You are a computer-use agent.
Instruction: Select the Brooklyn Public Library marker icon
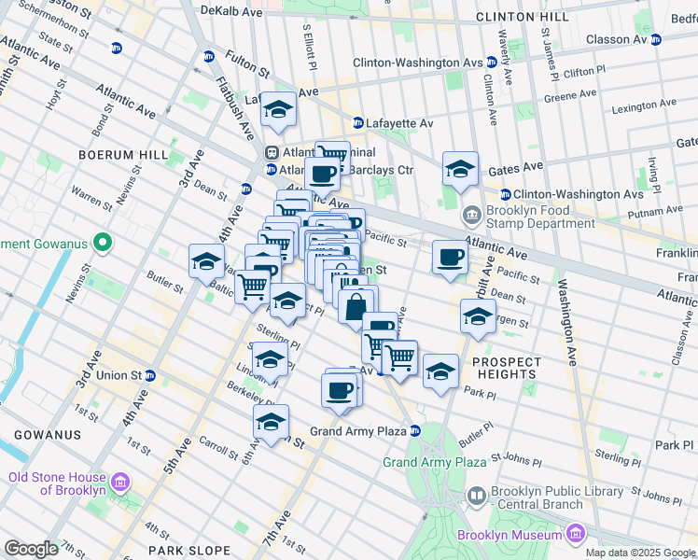pyautogui.click(x=476, y=495)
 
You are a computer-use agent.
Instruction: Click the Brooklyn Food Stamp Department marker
pyautogui.click(x=472, y=216)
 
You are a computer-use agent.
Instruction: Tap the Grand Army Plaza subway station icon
pyautogui.click(x=415, y=431)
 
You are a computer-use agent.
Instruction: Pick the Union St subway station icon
pyautogui.click(x=150, y=375)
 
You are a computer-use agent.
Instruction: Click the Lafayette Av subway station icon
pyautogui.click(x=357, y=123)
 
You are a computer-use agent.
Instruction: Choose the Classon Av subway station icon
pyautogui.click(x=656, y=39)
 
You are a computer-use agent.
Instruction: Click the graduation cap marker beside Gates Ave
pyautogui.click(x=460, y=169)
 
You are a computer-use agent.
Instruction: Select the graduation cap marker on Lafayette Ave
pyautogui.click(x=278, y=110)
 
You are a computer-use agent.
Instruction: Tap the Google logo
pyautogui.click(x=31, y=549)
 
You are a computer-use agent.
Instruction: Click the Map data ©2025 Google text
pyautogui.click(x=639, y=553)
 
